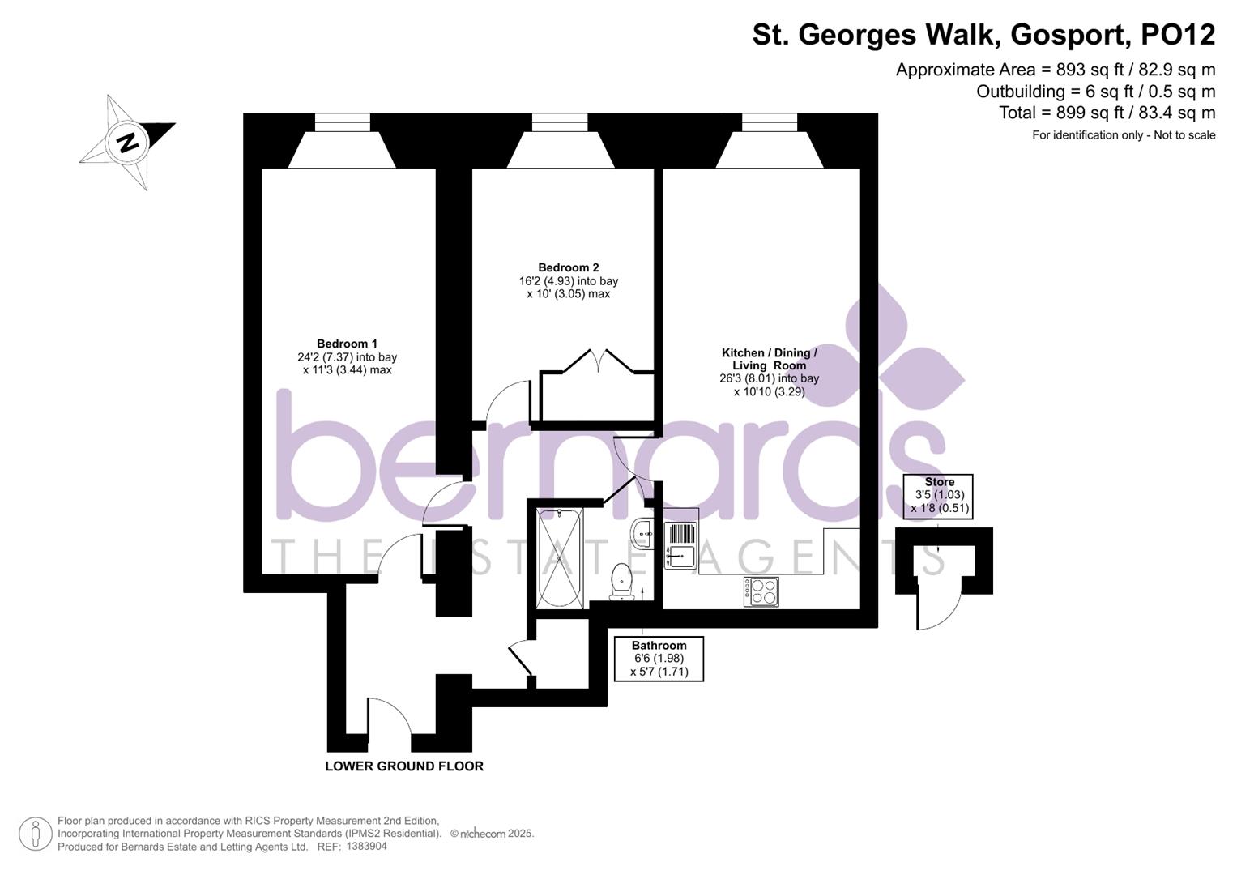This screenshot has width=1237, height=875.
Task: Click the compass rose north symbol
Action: point(126,143)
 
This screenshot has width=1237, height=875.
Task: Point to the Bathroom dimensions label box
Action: point(659,659)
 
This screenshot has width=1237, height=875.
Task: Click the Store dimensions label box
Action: point(939,496)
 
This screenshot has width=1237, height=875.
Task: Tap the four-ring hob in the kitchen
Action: point(761,591)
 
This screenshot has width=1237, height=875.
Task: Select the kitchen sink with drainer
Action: point(680,545)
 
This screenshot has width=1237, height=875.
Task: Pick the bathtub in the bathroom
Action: point(560,559)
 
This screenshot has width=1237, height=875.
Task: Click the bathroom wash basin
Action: point(644,532)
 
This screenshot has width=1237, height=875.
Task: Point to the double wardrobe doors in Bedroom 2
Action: point(597,361)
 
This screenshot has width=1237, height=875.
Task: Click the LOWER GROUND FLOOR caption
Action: point(403,766)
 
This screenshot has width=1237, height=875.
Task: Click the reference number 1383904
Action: point(366,846)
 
